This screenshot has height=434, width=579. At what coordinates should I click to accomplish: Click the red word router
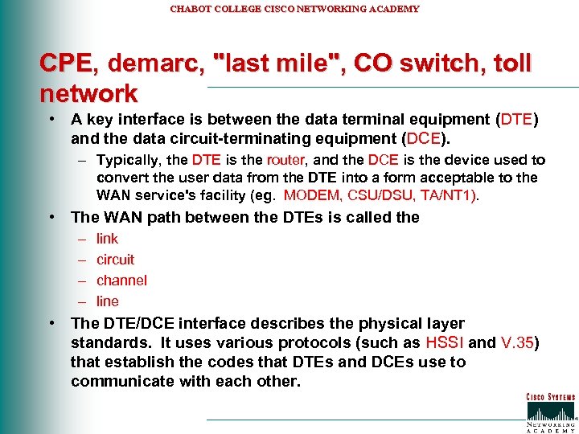pyautogui.click(x=285, y=160)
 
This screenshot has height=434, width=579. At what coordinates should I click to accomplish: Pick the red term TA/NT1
pyautogui.click(x=450, y=195)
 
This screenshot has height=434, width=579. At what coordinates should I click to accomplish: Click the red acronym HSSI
pyautogui.click(x=445, y=342)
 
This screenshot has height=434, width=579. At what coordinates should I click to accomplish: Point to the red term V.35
pyautogui.click(x=516, y=342)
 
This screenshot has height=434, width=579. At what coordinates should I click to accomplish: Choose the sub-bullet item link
pyautogui.click(x=107, y=239)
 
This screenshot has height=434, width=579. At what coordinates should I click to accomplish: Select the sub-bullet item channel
pyautogui.click(x=121, y=280)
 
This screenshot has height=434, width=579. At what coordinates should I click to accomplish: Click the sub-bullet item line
pyautogui.click(x=107, y=301)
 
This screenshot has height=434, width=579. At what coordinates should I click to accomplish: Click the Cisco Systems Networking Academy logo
pyautogui.click(x=550, y=412)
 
